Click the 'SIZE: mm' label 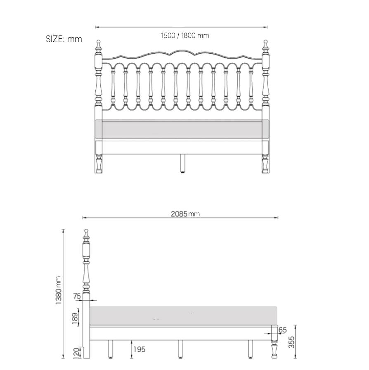[x=64, y=39]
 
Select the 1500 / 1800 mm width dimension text [x=184, y=36]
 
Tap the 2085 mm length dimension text [x=185, y=214]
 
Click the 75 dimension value [x=77, y=296]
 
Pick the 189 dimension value [x=75, y=318]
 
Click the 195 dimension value [x=139, y=349]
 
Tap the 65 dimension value [x=282, y=330]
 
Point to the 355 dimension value [x=291, y=342]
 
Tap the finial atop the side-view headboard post [x=86, y=233]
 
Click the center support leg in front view [x=182, y=163]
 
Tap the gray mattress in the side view [x=183, y=315]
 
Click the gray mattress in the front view [x=182, y=129]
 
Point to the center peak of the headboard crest [x=182, y=51]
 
